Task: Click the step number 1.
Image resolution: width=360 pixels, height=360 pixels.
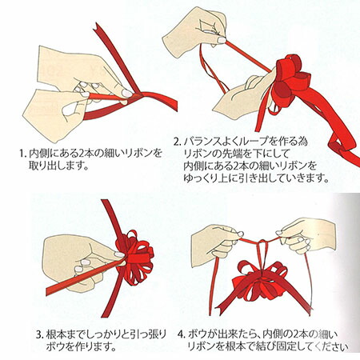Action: pyautogui.click(x=22, y=154)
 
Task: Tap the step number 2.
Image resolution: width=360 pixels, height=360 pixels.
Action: pyautogui.click(x=177, y=142)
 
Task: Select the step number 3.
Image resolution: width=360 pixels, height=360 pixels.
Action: pyautogui.click(x=39, y=334)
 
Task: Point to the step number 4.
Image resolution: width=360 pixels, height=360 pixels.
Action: pyautogui.click(x=182, y=334)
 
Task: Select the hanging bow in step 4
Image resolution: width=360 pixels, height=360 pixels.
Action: pyautogui.click(x=262, y=282)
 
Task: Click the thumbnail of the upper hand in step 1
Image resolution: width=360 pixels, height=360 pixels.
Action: pyautogui.click(x=126, y=93)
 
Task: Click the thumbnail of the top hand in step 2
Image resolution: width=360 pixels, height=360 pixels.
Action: pyautogui.click(x=222, y=40)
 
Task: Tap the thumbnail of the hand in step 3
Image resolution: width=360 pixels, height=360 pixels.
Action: pyautogui.click(x=119, y=254)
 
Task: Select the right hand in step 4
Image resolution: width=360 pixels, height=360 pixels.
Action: pyautogui.click(x=306, y=234)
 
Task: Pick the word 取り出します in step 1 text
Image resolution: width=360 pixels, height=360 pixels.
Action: pyautogui.click(x=58, y=166)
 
